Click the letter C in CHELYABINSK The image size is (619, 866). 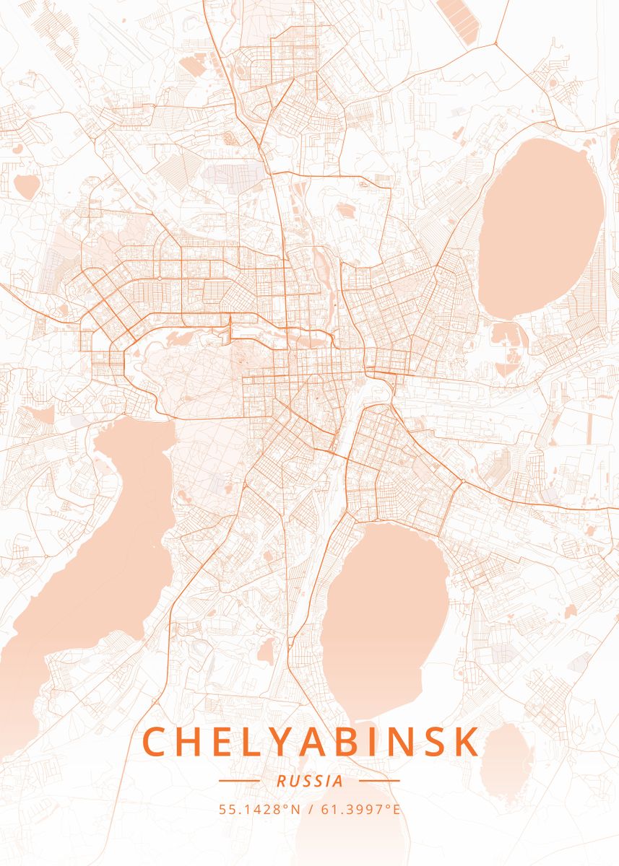pos(157,742)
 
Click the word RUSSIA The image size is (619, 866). pos(309,781)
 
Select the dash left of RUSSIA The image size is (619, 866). pos(238,781)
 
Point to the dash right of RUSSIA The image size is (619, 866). pos(379,781)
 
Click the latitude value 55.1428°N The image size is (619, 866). pos(260,809)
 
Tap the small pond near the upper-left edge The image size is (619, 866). pos(27,186)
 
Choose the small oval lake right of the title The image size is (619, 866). pos(506,751)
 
